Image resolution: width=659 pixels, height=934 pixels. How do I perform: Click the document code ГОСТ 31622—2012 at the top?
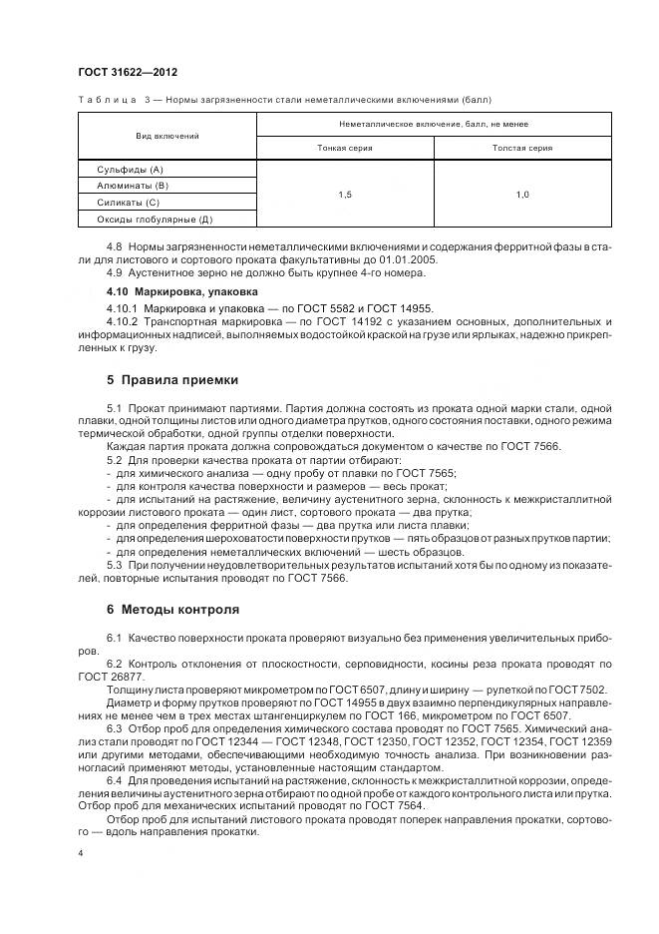click(120, 73)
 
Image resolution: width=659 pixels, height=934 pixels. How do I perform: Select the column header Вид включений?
click(166, 135)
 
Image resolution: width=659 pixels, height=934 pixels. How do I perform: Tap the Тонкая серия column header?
click(345, 148)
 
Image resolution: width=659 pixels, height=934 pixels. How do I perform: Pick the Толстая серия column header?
click(522, 148)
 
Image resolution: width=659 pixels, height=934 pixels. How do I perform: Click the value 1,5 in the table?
click(345, 195)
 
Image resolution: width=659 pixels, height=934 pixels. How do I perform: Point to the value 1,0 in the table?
click(522, 195)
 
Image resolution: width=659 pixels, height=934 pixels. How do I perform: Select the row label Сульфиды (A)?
click(129, 171)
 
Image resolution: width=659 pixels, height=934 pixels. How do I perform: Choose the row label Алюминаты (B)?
click(132, 186)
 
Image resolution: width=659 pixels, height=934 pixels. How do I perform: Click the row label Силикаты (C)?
click(128, 202)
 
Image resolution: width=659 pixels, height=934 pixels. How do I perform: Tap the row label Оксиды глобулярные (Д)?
click(154, 218)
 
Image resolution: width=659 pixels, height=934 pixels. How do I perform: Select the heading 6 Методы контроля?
click(172, 608)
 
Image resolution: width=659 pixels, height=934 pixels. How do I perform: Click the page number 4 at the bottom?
click(80, 853)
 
